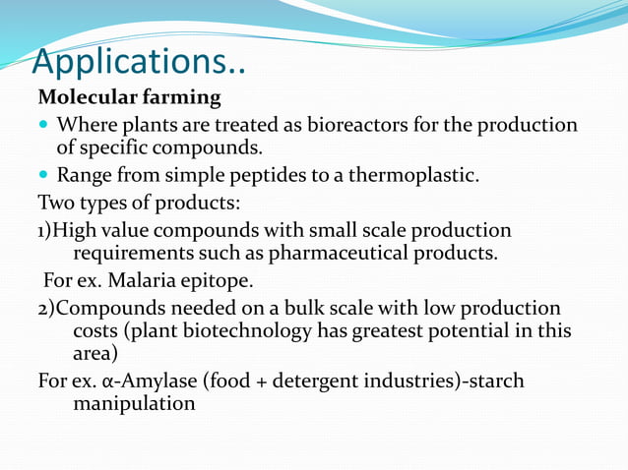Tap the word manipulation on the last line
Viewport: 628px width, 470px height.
pyautogui.click(x=134, y=402)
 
